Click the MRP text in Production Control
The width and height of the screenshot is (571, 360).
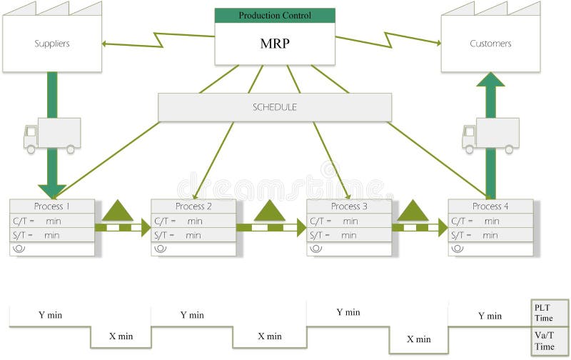[x=275, y=43]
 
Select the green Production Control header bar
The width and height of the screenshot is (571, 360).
[x=275, y=15]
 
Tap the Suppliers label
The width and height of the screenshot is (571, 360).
[x=52, y=44]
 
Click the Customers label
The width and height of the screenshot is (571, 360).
[x=490, y=44]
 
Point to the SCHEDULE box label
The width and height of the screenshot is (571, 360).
[x=275, y=107]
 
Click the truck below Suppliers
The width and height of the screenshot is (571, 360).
[x=51, y=136]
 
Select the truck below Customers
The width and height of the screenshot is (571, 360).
[x=490, y=136]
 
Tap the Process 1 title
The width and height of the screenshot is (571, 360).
[x=53, y=206]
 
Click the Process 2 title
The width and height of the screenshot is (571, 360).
[x=193, y=206]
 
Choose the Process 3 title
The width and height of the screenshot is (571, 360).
[x=350, y=206]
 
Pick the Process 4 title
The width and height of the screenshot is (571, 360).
[x=491, y=206]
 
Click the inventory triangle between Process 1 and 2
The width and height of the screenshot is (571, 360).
[x=118, y=211]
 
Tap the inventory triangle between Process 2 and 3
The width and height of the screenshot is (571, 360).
[x=270, y=211]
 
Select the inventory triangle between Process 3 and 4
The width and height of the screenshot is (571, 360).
[x=413, y=211]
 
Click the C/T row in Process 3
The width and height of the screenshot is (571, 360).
[x=349, y=221]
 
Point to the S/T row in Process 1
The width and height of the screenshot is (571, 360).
[x=52, y=234]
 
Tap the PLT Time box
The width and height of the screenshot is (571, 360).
[x=550, y=313]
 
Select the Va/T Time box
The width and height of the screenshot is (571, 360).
[x=550, y=341]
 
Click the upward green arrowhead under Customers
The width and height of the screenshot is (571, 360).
[x=490, y=79]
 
